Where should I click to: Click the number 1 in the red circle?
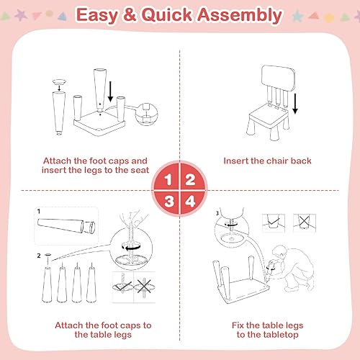pyautogui.click(x=168, y=179)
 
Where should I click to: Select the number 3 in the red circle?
pyautogui.click(x=168, y=202)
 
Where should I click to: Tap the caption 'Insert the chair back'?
pyautogui.click(x=267, y=161)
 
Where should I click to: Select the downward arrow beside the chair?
pyautogui.click(x=296, y=104)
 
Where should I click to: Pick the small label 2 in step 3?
pyautogui.click(x=38, y=256)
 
